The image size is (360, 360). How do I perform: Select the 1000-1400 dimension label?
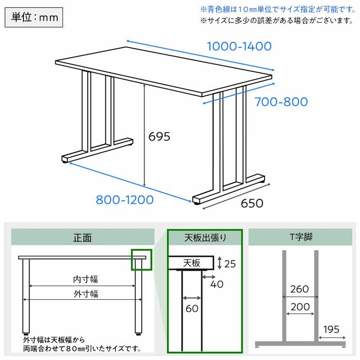pyautogui.click(x=239, y=46)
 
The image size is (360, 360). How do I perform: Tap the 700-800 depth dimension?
pyautogui.click(x=281, y=102)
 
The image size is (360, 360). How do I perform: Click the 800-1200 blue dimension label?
pyautogui.click(x=124, y=200)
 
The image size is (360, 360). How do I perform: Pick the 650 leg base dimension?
pyautogui.click(x=252, y=203)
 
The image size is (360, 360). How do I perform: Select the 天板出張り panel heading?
pyautogui.click(x=205, y=237)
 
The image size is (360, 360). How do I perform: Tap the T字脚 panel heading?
pyautogui.click(x=301, y=237)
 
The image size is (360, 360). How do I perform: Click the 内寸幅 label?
pyautogui.click(x=85, y=279)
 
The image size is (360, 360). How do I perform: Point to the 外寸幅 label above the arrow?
pyautogui.click(x=85, y=294)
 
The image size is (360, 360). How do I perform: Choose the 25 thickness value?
pyautogui.click(x=230, y=264)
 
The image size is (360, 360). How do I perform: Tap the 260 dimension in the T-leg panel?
pyautogui.click(x=300, y=289)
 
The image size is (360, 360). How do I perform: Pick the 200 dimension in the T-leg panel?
pyautogui.click(x=300, y=307)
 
